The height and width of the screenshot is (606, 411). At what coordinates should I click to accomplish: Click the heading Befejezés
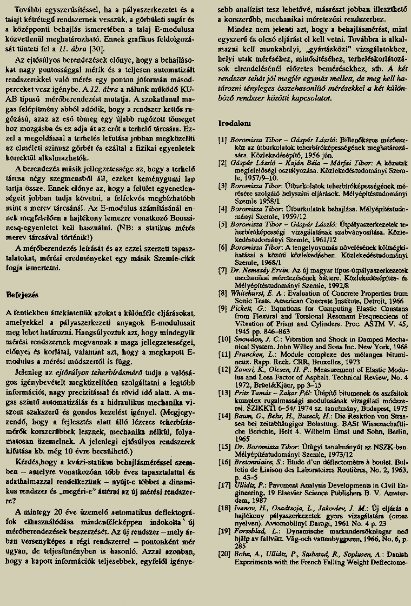(22, 295)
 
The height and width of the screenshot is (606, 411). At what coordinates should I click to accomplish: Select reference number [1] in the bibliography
(222, 139)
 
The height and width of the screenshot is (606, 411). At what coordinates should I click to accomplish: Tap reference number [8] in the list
(222, 292)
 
